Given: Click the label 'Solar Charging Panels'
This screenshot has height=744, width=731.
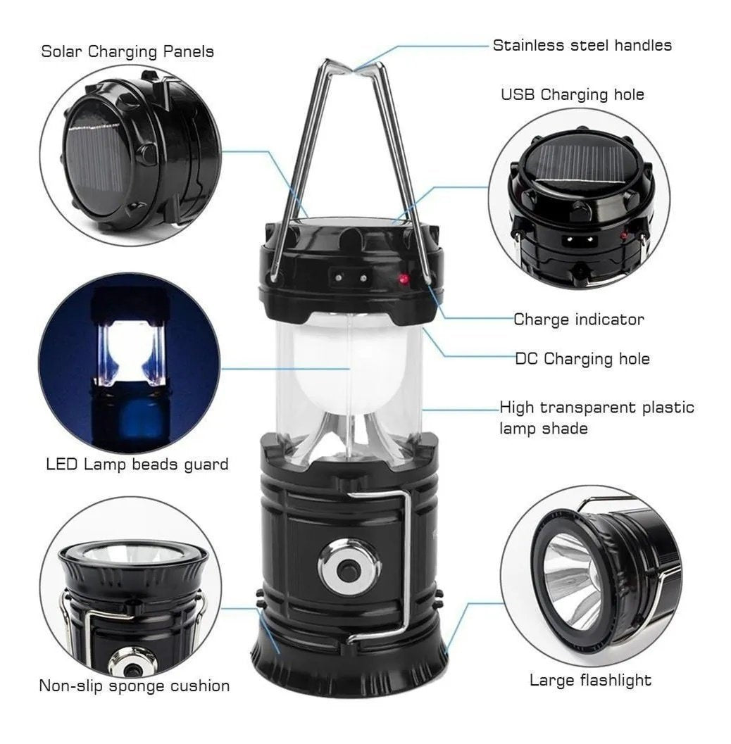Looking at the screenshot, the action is (x=127, y=51).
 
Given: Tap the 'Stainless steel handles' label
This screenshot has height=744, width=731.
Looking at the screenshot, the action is (x=582, y=45).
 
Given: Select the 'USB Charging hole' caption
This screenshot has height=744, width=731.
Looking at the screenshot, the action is (x=573, y=94).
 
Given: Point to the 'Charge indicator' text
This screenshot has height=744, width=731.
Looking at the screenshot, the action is (x=579, y=320).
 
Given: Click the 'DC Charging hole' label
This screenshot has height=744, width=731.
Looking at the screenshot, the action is (x=582, y=359).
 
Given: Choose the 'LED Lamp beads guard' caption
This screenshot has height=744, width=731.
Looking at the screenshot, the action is (x=137, y=464).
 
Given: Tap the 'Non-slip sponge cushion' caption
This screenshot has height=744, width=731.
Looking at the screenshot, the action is (x=135, y=686).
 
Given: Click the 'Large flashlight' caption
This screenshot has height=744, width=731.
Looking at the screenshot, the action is (x=590, y=680).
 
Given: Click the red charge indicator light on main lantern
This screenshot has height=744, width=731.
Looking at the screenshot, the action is (x=404, y=279).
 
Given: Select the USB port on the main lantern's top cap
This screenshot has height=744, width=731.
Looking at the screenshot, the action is (x=350, y=277).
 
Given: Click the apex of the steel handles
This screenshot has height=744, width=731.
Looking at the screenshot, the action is (x=353, y=71).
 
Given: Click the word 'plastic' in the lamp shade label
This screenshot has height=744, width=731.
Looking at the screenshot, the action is (x=668, y=408).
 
